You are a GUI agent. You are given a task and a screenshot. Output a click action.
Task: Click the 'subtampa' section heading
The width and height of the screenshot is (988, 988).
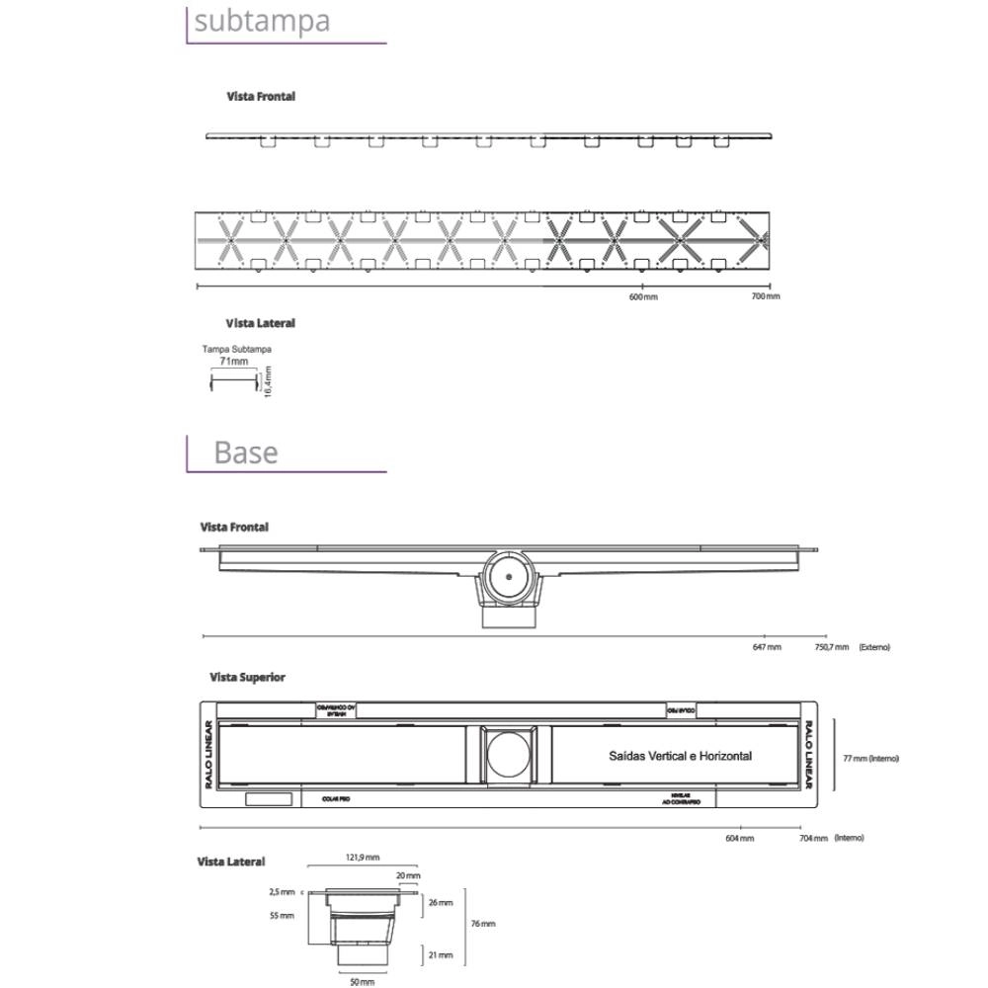point(262,21)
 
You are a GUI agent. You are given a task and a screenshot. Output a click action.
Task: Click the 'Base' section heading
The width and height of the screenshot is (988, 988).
point(246,453)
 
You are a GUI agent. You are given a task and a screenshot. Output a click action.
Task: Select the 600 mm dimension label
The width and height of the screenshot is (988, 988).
point(643,297)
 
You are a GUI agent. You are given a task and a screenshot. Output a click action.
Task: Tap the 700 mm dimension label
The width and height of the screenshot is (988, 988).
point(766,296)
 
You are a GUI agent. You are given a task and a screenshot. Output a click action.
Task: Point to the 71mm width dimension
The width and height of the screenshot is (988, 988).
point(234,362)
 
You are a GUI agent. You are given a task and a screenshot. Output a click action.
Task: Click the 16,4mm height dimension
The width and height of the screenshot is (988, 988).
point(268,381)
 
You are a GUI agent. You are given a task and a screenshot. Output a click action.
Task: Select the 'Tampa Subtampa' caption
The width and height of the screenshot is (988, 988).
point(237,350)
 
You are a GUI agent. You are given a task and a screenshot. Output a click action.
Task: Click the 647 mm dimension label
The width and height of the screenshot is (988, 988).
point(767,647)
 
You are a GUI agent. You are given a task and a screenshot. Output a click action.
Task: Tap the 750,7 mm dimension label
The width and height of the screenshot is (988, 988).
point(831,647)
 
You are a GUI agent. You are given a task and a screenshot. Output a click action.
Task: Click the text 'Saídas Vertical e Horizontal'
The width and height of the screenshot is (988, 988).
point(681,757)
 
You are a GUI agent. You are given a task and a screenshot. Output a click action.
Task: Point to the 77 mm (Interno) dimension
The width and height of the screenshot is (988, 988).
point(870,759)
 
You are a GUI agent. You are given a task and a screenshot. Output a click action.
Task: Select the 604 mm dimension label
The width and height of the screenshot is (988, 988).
point(740,838)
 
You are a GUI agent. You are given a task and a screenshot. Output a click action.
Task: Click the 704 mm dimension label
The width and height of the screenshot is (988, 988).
point(814,838)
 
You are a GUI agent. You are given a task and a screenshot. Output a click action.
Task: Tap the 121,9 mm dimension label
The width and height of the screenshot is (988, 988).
point(363,858)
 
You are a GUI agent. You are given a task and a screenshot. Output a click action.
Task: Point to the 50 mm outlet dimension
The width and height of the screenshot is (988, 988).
point(362,982)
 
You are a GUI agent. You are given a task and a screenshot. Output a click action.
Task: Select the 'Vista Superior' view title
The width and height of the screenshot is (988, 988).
point(247,678)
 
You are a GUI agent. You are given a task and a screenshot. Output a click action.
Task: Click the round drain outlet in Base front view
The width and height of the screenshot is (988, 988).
point(510,575)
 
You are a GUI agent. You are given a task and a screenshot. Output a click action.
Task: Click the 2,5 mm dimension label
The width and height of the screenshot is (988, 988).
point(282,891)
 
